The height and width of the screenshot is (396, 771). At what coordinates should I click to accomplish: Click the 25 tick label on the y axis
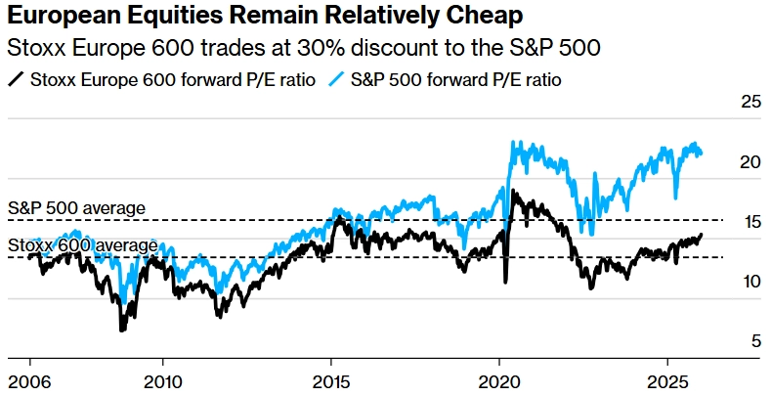tap(750, 102)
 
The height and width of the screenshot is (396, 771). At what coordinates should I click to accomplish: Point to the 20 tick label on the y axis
tap(750, 162)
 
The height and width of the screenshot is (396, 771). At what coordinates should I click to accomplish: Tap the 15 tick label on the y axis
tap(750, 222)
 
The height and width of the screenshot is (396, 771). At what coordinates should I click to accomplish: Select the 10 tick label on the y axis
tap(750, 282)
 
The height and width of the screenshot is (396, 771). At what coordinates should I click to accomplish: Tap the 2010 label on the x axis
tap(163, 378)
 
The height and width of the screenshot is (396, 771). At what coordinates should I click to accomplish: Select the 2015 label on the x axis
tap(332, 378)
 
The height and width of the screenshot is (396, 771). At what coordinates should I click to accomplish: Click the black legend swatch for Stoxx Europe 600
tap(17, 78)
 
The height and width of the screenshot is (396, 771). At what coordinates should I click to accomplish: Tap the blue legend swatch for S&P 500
tap(336, 78)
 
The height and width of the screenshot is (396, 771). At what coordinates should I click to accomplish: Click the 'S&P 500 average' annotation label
tap(76, 208)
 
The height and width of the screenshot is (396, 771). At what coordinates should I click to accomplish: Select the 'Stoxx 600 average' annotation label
tap(83, 245)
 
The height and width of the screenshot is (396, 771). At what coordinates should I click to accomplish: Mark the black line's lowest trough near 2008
tap(122, 330)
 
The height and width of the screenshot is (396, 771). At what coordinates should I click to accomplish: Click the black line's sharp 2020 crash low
tap(505, 283)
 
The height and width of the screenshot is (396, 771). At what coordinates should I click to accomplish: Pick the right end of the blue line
tap(702, 152)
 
